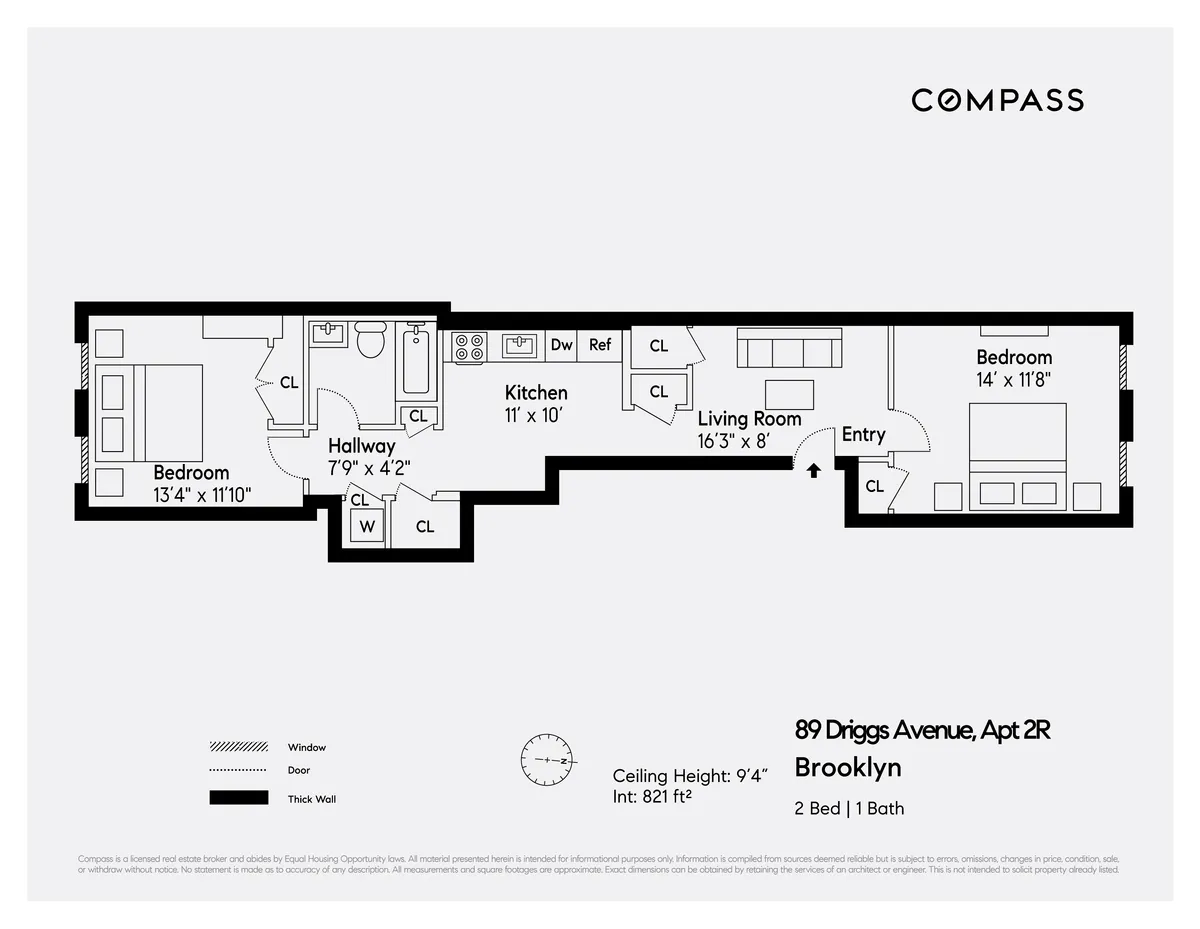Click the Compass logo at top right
pos(997,100)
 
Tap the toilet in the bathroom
pos(371,340)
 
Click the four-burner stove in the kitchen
pos(467,346)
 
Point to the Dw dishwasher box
pos(562,345)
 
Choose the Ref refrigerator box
pos(600,345)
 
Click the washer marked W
pos(367,526)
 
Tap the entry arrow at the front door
pos(813,469)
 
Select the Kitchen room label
pos(536,393)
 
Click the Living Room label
pos(749,419)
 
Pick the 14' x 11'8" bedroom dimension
pos(1014,380)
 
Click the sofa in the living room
pos(787,350)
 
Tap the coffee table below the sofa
pos(789,394)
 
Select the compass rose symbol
pos(546,760)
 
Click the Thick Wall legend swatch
pos(238,798)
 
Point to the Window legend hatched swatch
pos(238,747)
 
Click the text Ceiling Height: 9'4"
pos(689,776)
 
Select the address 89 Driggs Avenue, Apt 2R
pos(922,730)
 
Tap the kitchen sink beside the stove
pos(519,346)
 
